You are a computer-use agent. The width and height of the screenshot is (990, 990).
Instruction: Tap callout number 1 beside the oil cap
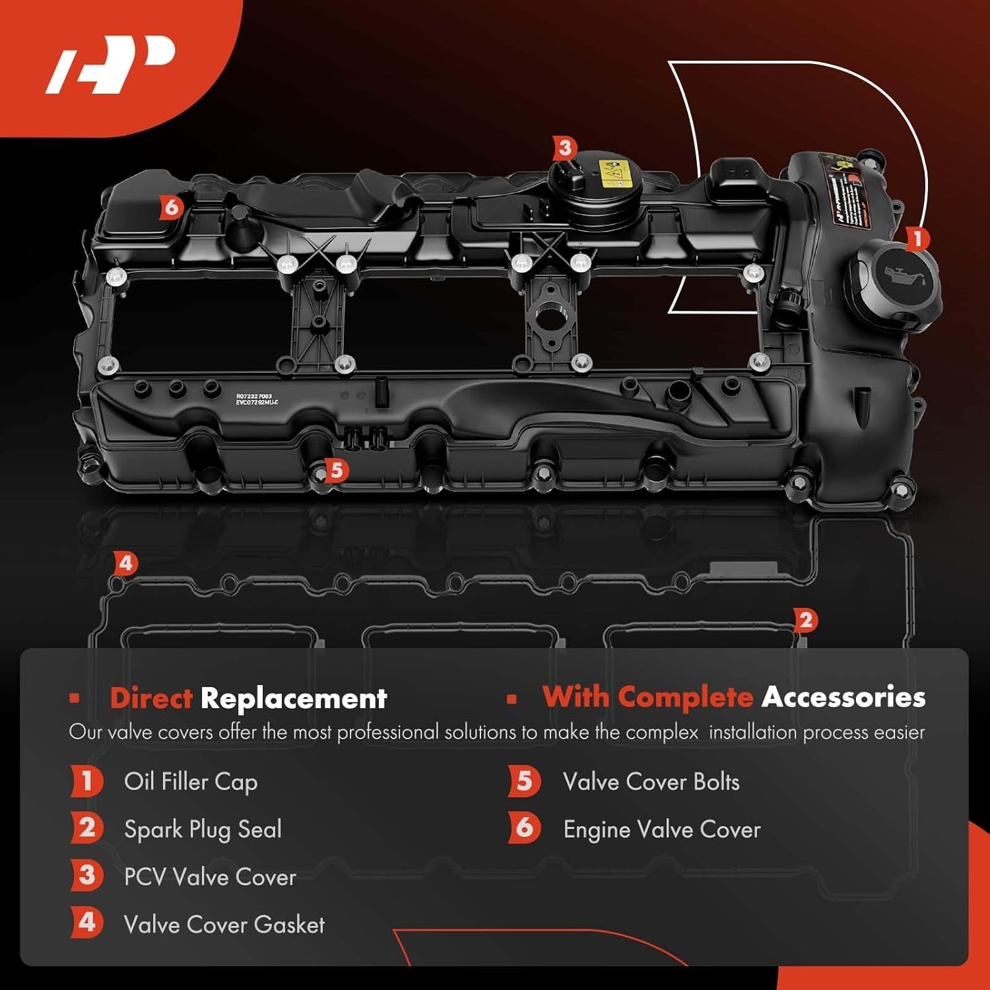[x=917, y=239]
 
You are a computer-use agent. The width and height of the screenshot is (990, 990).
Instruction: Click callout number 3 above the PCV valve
[x=564, y=148]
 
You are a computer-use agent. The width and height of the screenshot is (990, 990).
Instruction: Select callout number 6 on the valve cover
[x=171, y=207]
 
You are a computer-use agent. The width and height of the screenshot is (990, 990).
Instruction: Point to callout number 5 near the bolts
[x=337, y=471]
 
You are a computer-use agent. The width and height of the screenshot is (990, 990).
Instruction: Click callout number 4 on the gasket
[x=125, y=564]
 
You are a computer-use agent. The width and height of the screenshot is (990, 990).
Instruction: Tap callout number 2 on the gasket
[x=805, y=620]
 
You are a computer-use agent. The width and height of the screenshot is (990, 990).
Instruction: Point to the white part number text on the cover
[x=257, y=399]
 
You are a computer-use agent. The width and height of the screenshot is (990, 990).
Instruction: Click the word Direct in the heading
[x=151, y=698]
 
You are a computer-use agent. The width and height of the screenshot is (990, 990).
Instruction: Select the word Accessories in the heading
[x=843, y=697]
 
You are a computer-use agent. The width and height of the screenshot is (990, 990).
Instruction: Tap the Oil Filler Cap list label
[x=191, y=782]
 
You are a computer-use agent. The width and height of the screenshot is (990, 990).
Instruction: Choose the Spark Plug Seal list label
[x=203, y=830]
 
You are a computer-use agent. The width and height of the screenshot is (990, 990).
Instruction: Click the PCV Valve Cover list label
[x=210, y=877]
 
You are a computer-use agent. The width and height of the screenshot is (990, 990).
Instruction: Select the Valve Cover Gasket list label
[x=224, y=925]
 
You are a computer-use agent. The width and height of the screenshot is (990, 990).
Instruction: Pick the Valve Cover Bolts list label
[x=651, y=782]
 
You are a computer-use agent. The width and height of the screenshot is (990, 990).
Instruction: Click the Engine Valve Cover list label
[x=661, y=830]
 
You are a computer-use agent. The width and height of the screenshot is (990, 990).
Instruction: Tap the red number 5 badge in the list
[x=524, y=781]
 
